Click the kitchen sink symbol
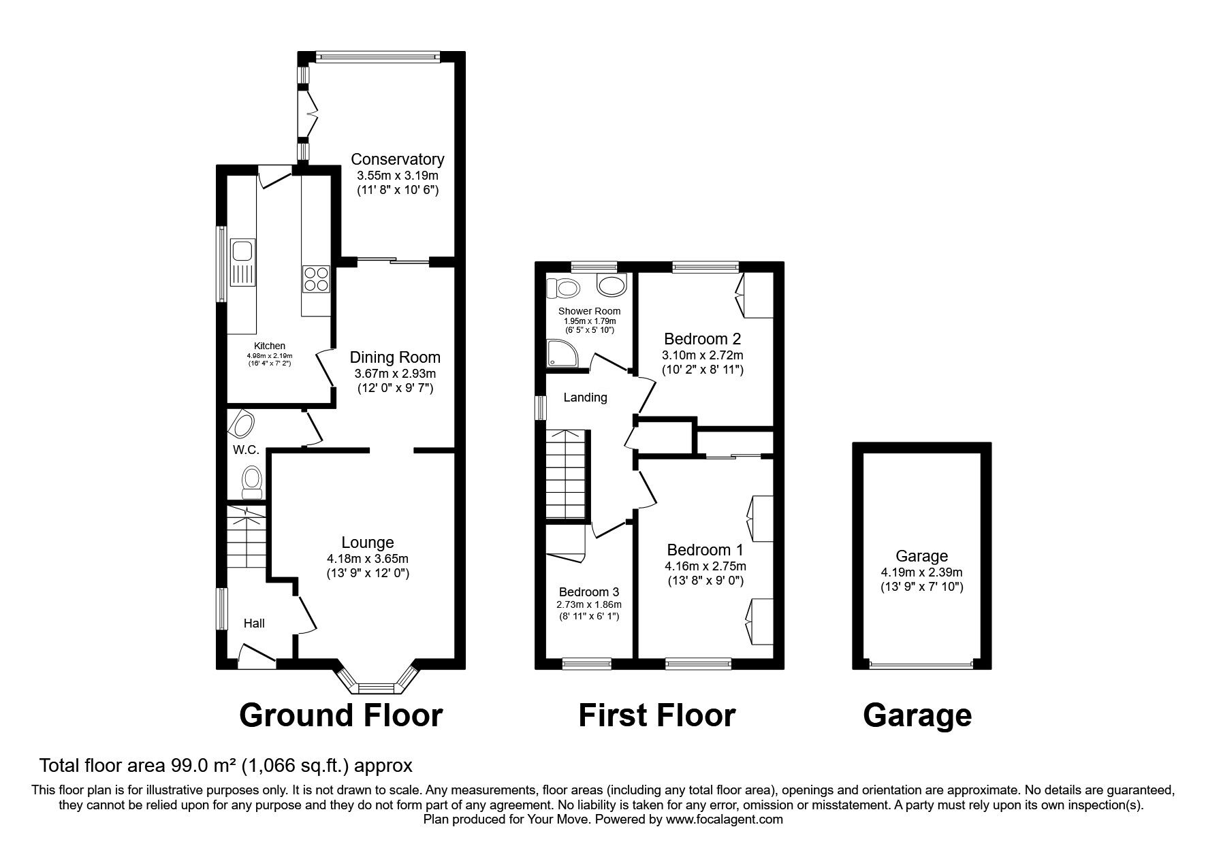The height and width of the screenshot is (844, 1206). click(x=241, y=262)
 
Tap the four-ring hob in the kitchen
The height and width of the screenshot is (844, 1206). click(x=315, y=279)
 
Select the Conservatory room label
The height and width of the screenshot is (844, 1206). click(x=397, y=159)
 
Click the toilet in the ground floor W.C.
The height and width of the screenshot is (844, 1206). click(x=252, y=481)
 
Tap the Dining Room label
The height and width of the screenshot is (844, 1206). click(x=395, y=357)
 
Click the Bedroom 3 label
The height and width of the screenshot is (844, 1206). click(x=589, y=592)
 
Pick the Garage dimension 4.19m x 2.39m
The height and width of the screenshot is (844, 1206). click(x=921, y=572)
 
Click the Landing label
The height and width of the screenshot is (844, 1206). click(x=585, y=397)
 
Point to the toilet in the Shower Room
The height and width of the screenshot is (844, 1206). click(x=567, y=288)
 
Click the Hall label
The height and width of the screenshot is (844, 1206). click(x=254, y=623)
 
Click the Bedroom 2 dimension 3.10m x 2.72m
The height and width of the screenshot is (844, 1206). click(x=702, y=355)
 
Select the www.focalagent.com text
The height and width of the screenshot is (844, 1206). click(x=725, y=819)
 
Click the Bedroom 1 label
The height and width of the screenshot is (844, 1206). click(x=705, y=550)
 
